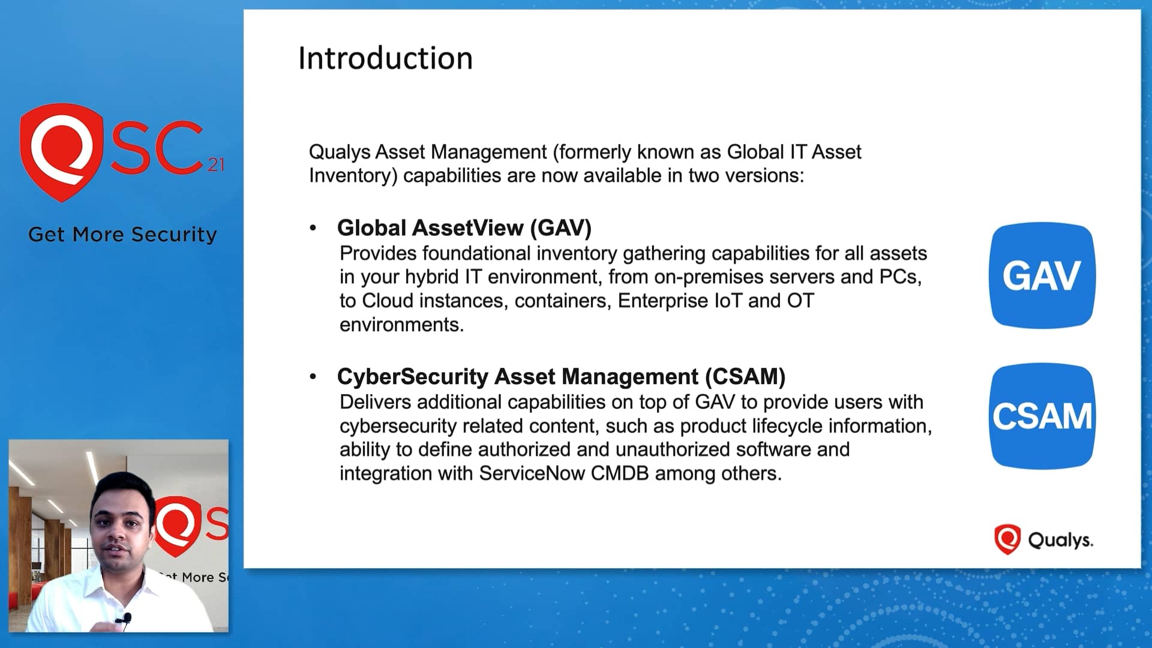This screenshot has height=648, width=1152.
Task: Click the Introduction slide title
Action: (x=385, y=59)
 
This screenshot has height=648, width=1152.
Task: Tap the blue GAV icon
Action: (x=1042, y=275)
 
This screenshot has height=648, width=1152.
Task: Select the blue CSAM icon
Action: (x=1042, y=416)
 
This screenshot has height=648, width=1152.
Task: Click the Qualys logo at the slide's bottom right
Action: (x=1043, y=539)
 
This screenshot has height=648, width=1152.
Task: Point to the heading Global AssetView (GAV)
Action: (x=464, y=228)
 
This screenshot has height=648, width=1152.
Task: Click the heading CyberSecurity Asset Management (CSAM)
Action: (x=561, y=377)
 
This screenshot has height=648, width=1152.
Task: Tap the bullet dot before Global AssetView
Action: (x=313, y=228)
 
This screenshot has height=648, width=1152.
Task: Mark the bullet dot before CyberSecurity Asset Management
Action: (x=313, y=377)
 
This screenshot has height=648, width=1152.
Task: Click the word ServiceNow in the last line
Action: (x=532, y=473)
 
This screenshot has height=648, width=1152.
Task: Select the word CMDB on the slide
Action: (x=620, y=473)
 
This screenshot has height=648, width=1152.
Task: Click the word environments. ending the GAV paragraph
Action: (x=401, y=325)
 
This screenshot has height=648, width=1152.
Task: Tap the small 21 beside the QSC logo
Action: (x=216, y=164)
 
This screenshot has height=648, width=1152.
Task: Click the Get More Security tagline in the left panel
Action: (x=122, y=235)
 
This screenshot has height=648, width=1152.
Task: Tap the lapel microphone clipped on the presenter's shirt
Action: (x=126, y=618)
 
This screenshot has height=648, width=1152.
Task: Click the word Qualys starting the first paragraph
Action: (x=340, y=152)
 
